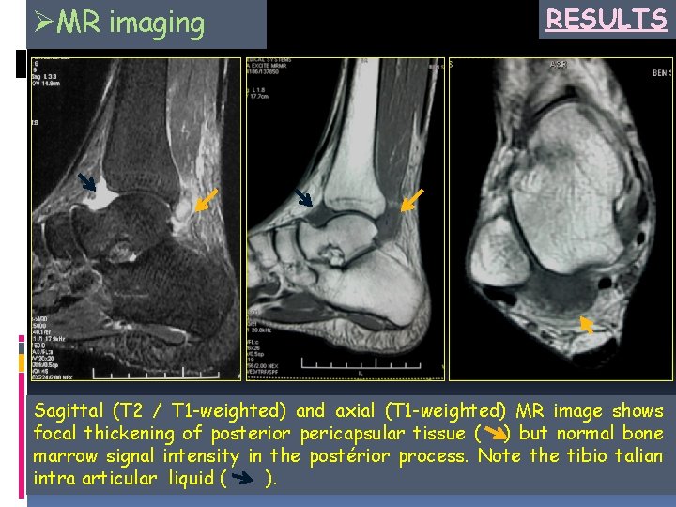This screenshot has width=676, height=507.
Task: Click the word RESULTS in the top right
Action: coord(606,19)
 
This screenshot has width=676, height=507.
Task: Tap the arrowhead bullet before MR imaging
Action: coord(40,20)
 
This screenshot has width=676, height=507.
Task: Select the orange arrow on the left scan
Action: coord(207,198)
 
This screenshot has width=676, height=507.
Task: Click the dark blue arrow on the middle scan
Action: coord(302,197)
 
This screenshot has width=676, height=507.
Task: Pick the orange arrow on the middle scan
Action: coord(412,200)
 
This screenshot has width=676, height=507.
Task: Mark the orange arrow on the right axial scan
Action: coord(586,325)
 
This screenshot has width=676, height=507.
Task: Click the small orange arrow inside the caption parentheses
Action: coord(492,435)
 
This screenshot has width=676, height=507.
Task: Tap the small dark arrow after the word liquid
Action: coord(243,481)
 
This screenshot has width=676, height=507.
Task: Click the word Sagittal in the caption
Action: coord(65,411)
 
